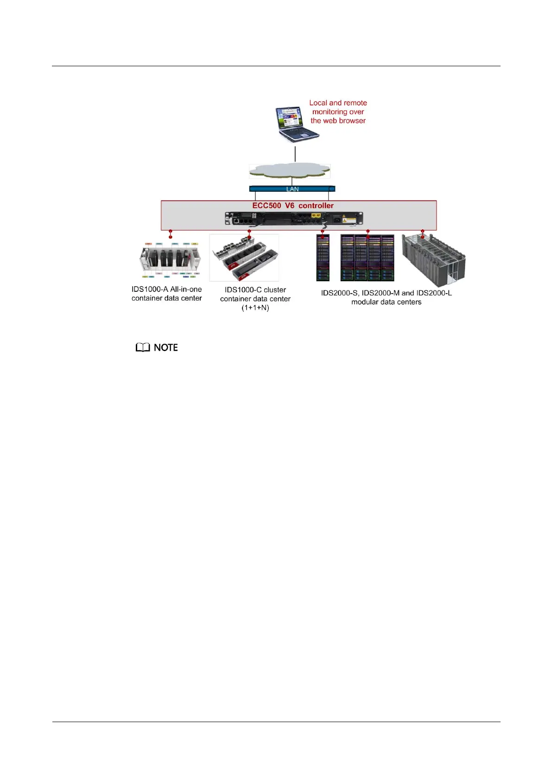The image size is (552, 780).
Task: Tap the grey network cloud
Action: pos(289,171)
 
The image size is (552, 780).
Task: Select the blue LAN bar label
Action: pos(292,189)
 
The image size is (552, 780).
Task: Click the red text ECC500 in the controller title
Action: pos(266,206)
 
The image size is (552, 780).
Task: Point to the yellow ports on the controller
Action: pos(317,215)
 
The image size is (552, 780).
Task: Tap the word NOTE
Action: pos(165,347)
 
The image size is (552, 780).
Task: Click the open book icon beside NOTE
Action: pos(143,347)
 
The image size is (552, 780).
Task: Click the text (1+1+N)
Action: pos(255,308)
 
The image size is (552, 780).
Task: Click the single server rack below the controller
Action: pos(323,258)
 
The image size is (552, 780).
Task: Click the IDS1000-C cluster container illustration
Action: pos(244,258)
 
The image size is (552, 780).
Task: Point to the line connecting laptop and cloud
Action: pos(295,153)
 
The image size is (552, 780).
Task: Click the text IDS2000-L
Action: pos(434,293)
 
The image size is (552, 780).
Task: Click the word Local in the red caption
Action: pos(318,103)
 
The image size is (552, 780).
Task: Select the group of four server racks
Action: pos(368,258)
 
